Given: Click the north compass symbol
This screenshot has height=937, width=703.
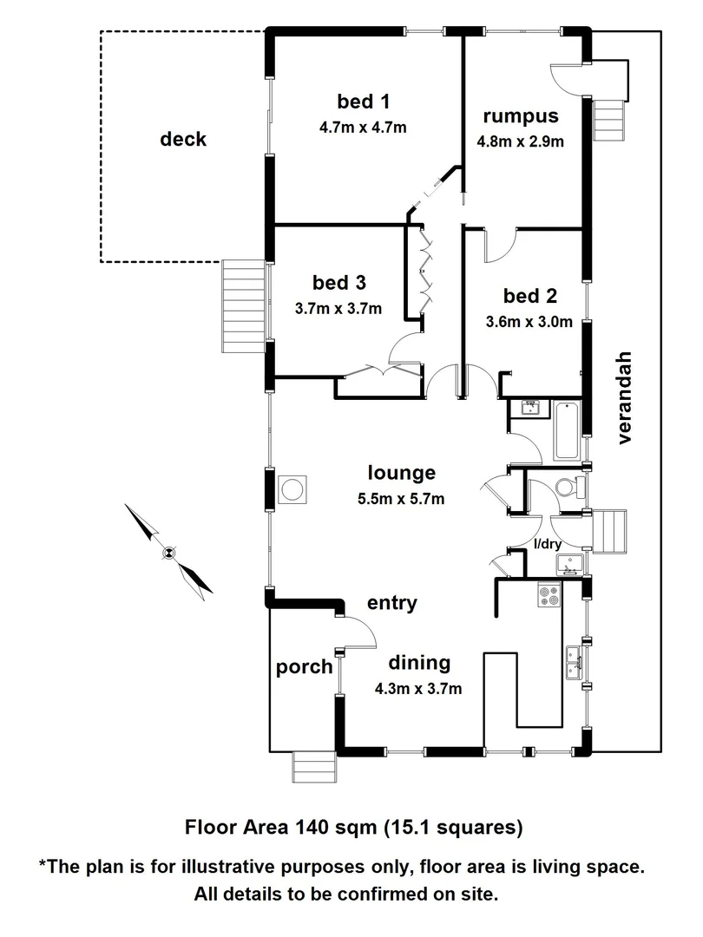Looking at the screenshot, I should [x=168, y=551].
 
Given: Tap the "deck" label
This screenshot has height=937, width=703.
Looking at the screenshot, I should [x=183, y=139].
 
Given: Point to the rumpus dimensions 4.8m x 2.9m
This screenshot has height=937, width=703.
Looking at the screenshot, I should [x=522, y=141].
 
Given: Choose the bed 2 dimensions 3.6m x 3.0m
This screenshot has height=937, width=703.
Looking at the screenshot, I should [x=529, y=323].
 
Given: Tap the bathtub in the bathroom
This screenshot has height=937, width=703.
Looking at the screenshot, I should [x=566, y=430].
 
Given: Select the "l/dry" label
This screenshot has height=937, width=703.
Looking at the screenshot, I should [x=548, y=544].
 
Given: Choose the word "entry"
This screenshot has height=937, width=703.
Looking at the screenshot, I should [x=391, y=603].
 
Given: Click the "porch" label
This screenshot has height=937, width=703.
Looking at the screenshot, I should [x=304, y=666].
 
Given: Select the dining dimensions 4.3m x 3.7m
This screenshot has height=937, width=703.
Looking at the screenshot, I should [x=417, y=690].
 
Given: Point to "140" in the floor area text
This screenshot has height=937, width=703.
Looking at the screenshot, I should [x=313, y=827].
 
